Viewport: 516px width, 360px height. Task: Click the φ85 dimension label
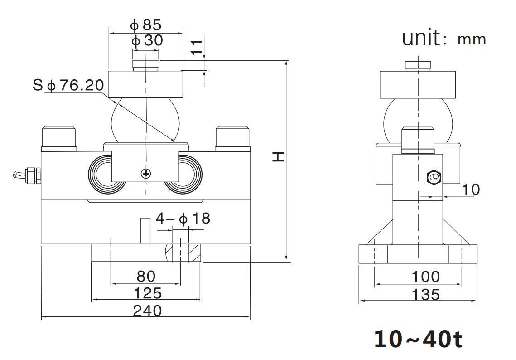coord(146,25)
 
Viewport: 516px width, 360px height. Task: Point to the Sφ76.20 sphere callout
coord(68,85)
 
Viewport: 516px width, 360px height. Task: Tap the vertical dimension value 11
coord(196,47)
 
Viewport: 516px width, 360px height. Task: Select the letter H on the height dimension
coord(278,157)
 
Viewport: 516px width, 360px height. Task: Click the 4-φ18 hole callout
coord(183,219)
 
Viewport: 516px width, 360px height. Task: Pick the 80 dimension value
coord(145,276)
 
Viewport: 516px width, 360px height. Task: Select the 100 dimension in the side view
coord(419,277)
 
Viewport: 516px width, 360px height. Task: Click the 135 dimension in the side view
coord(419,295)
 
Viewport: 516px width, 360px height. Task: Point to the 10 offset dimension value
coord(471,189)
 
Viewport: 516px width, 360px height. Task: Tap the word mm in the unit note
coord(472,39)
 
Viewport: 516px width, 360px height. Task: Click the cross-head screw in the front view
coord(145,173)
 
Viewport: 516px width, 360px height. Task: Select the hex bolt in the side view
coord(434,177)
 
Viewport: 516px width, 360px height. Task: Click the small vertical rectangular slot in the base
coord(145,231)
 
